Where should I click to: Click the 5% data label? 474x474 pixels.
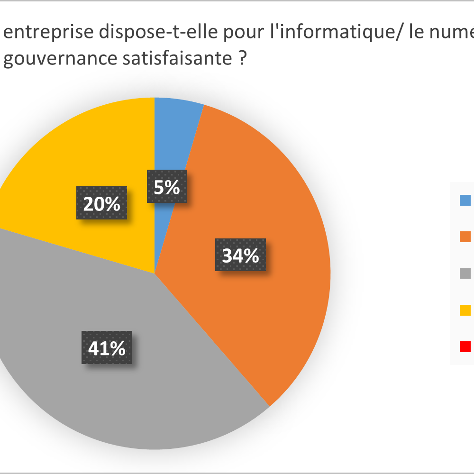tap(167, 186)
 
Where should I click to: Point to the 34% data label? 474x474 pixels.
tap(240, 255)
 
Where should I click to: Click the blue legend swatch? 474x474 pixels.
tap(465, 201)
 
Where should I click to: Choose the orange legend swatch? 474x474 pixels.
tap(465, 237)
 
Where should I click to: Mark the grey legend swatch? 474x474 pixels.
tap(465, 273)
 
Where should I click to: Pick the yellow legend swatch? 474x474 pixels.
tap(465, 310)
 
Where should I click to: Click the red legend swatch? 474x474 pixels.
tap(465, 346)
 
